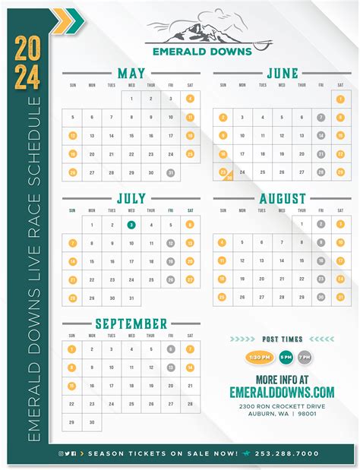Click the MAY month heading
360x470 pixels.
point(131,74)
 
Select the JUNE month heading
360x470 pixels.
point(282,74)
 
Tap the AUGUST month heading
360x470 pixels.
point(282,199)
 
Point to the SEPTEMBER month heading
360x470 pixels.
point(131,324)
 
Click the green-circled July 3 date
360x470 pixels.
point(131,225)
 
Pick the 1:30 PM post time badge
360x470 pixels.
point(258,357)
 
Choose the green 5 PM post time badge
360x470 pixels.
point(286,357)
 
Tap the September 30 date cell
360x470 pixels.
point(92,422)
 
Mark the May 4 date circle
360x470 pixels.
point(189,98)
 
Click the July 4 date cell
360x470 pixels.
point(150,225)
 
